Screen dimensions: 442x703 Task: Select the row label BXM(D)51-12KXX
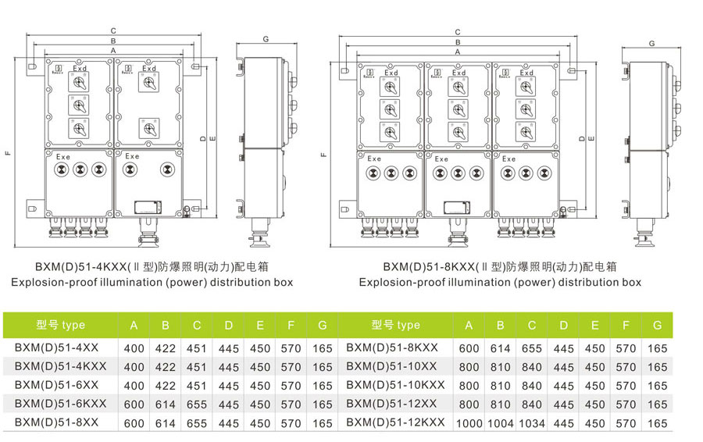pos(395,422)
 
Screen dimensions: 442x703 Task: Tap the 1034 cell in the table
pos(532,423)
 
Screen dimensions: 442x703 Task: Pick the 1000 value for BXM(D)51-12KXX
pos(469,423)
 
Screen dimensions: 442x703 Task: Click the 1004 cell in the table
pos(501,423)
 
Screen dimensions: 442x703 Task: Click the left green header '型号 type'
pos(60,325)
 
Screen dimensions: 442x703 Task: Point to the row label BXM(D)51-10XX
pos(391,366)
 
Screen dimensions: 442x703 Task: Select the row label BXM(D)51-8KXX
pos(392,348)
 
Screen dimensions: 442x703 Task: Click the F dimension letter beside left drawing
pos(8,152)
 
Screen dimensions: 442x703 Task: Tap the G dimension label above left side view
pos(266,39)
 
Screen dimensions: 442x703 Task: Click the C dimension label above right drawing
pos(458,32)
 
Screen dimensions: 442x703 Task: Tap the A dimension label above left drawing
pos(114,49)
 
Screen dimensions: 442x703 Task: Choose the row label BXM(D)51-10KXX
pos(395,385)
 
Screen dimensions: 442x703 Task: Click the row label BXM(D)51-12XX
pos(391,404)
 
